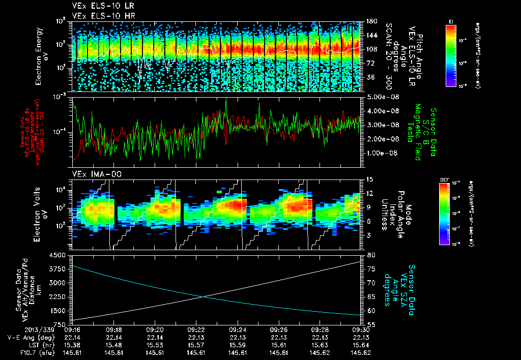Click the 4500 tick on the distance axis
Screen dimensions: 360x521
[58, 255]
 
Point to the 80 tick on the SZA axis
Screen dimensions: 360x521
[371, 255]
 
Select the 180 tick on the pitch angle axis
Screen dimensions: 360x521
[372, 21]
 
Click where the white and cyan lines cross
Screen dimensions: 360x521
[204, 296]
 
